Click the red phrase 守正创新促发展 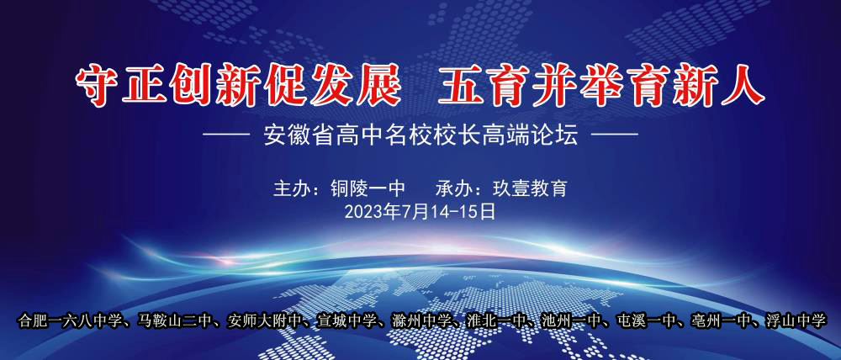point(238,85)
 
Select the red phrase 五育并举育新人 point(601,85)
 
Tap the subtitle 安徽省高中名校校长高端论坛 point(421,136)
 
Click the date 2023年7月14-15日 point(420,212)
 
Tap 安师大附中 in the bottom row point(264,321)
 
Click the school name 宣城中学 point(346,321)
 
